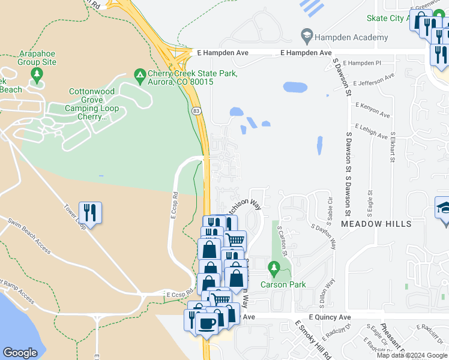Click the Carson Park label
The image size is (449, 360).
283,284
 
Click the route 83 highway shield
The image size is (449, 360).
196,112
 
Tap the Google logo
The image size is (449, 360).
20,353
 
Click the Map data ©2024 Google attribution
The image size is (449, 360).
412,355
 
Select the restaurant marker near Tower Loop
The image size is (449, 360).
90,213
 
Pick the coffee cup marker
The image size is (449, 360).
207,323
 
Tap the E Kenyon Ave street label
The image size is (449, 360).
372,110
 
